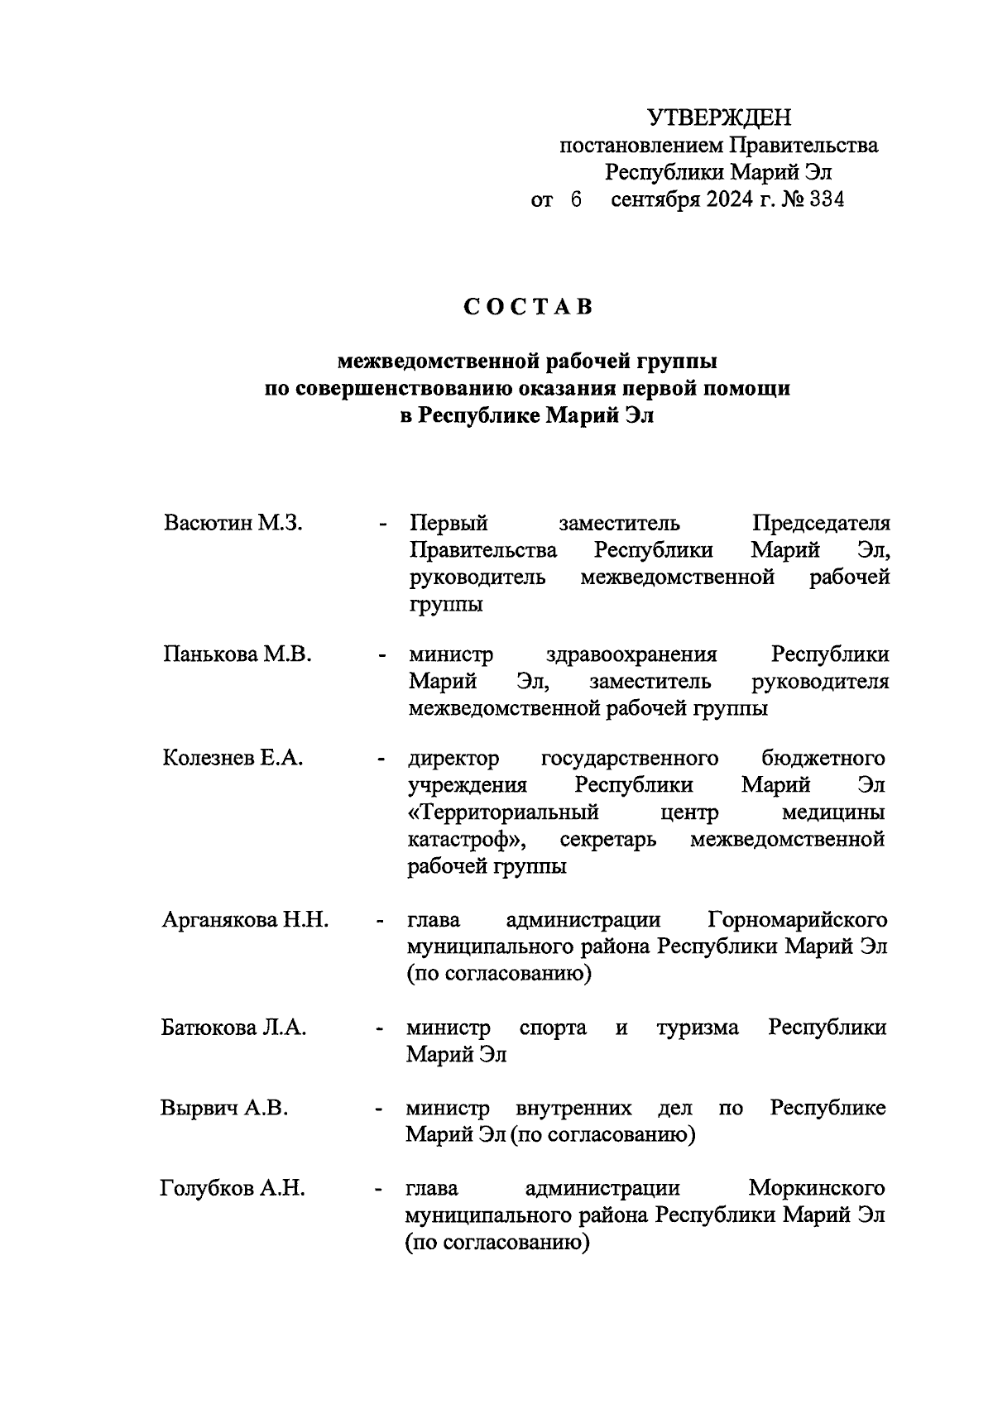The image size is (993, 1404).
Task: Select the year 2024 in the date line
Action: (727, 199)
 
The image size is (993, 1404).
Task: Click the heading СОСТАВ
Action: (528, 307)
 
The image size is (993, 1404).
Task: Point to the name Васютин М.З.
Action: (233, 524)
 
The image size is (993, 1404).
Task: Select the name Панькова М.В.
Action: (237, 654)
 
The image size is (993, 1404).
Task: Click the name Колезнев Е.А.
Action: (233, 758)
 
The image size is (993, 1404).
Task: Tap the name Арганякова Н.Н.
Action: (245, 920)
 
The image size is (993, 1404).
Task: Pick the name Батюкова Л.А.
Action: (233, 1028)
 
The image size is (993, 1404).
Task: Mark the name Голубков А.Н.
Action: (232, 1189)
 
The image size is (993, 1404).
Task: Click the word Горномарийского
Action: (798, 920)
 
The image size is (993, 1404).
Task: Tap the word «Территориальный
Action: (503, 812)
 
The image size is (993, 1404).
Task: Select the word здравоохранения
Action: (631, 654)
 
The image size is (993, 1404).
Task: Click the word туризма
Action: (698, 1028)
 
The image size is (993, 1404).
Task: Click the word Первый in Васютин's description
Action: (449, 524)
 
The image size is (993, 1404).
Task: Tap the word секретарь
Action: (608, 840)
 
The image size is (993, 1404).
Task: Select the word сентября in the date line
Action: (655, 199)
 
